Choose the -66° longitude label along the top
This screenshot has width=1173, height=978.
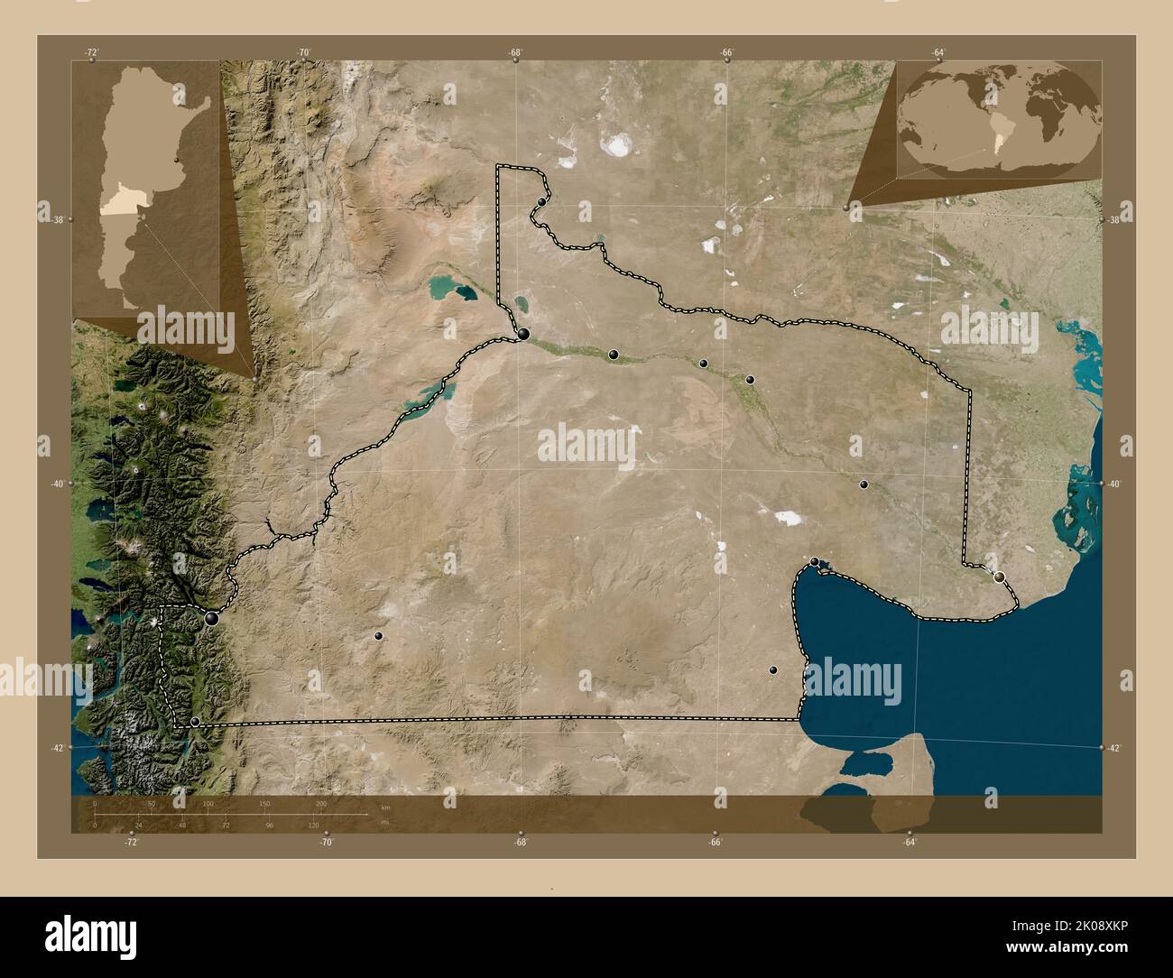tap(726, 53)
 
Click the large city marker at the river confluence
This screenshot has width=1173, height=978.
tap(523, 335)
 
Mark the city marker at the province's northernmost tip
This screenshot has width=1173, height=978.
tap(541, 202)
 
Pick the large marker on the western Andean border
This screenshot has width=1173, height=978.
tap(212, 619)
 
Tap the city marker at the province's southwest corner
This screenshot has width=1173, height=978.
tap(195, 722)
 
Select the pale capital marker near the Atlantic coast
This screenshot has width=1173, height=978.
tap(999, 577)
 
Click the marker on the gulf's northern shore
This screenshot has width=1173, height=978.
tap(815, 562)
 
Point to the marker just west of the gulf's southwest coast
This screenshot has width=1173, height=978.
tap(773, 670)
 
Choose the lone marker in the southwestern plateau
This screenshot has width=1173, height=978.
tap(379, 636)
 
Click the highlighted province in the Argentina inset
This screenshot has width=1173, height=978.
tap(115, 206)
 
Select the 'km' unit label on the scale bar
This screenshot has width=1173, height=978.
tap(385, 807)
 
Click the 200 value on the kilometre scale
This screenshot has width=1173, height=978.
tap(321, 803)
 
